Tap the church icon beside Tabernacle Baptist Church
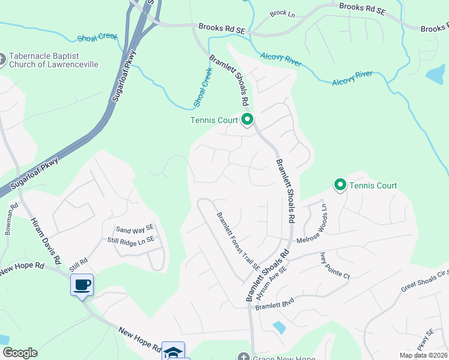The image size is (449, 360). (x=2, y=59)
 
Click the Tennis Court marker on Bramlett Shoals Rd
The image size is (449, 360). (x=247, y=119)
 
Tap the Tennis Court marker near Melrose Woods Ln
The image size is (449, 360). (x=340, y=185)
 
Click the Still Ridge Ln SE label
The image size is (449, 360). (x=130, y=239)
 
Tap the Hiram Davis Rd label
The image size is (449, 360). (x=46, y=241)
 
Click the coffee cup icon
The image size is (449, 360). (x=82, y=284)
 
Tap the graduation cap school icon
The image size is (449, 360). (x=173, y=352)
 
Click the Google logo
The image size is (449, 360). (x=19, y=353)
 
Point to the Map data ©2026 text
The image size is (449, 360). (x=423, y=355)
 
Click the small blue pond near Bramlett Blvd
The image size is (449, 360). (x=279, y=327)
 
